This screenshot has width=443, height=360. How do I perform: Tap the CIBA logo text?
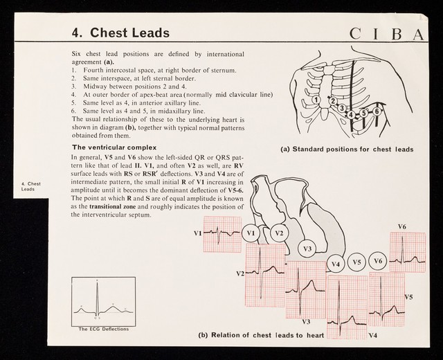[x=391, y=33]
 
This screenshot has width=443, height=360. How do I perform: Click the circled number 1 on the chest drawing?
[x=315, y=100]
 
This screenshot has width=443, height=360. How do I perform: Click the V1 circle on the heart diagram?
[x=251, y=233]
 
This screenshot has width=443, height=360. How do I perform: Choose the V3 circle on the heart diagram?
[x=308, y=248]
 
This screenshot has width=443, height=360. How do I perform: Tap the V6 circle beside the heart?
[x=377, y=261]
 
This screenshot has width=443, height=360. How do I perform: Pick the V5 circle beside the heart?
[x=357, y=262]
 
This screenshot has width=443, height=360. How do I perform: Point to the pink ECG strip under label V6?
[x=408, y=253]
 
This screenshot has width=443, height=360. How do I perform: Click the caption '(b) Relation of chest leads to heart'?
[x=261, y=336]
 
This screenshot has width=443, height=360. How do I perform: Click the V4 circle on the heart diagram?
[x=336, y=264]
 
